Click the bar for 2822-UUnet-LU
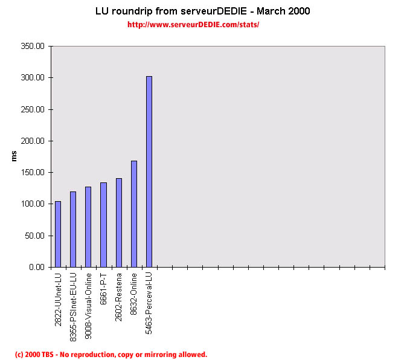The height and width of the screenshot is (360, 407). pyautogui.click(x=58, y=234)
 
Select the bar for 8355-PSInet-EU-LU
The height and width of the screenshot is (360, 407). pyautogui.click(x=73, y=229)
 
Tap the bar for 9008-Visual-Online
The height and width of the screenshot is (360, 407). pyautogui.click(x=88, y=227)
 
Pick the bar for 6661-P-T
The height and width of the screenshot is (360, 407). pyautogui.click(x=103, y=225)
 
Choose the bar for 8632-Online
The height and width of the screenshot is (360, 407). pyautogui.click(x=133, y=214)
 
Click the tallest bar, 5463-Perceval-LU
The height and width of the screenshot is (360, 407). pyautogui.click(x=149, y=172)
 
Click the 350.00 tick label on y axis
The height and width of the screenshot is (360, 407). pyautogui.click(x=33, y=47)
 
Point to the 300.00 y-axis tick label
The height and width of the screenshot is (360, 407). pyautogui.click(x=33, y=78)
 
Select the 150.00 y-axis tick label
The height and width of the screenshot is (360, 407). pyautogui.click(x=33, y=172)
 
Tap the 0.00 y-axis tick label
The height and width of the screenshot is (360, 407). pyautogui.click(x=36, y=267)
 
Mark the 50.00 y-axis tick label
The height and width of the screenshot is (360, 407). pyautogui.click(x=34, y=236)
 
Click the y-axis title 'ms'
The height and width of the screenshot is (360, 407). pyautogui.click(x=14, y=156)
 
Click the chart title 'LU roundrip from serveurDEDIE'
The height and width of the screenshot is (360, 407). pyautogui.click(x=203, y=11)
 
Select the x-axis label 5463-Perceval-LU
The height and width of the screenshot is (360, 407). pyautogui.click(x=149, y=298)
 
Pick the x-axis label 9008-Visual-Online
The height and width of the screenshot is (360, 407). pyautogui.click(x=88, y=300)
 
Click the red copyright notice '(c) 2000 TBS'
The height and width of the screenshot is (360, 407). pyautogui.click(x=111, y=355)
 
